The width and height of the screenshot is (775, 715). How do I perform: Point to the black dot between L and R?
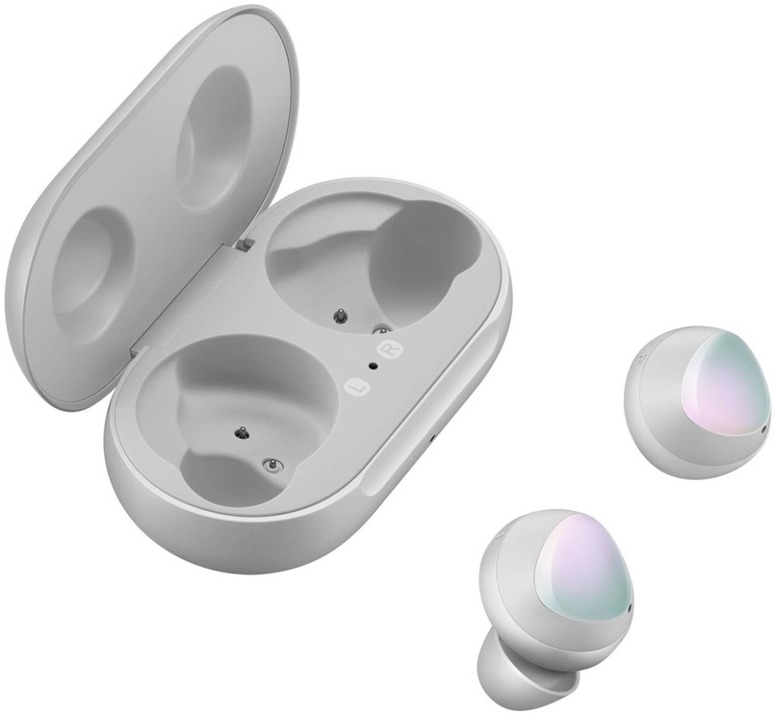pos(372,367)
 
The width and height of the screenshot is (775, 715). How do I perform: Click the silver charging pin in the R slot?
pos(382,328)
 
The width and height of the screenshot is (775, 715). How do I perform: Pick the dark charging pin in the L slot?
pos(238,432)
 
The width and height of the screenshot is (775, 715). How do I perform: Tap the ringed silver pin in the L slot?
pos(273,463)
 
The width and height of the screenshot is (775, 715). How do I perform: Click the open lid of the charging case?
pos(144,184)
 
